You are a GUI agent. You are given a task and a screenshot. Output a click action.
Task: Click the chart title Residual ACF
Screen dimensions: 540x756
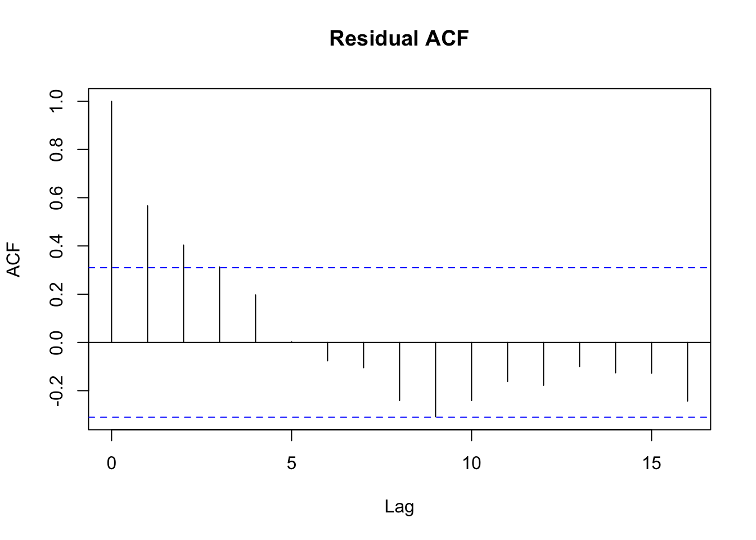pyautogui.click(x=399, y=38)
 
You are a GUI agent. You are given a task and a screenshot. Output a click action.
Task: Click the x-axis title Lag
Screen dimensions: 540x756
pyautogui.click(x=399, y=507)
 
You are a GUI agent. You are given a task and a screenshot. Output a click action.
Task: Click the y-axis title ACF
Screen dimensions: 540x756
pyautogui.click(x=13, y=260)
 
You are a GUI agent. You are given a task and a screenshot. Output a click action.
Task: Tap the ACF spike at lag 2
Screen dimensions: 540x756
pyautogui.click(x=183, y=293)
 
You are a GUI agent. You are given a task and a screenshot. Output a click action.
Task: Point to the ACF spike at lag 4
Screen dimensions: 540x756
pyautogui.click(x=255, y=318)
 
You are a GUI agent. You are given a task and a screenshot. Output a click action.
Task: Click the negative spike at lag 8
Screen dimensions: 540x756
pyautogui.click(x=399, y=371)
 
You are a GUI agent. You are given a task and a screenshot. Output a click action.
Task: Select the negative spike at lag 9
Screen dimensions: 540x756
pyautogui.click(x=435, y=379)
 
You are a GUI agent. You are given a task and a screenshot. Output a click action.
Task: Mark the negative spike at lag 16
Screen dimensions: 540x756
pyautogui.click(x=687, y=371)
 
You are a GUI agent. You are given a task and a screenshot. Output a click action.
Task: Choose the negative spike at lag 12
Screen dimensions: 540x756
pyautogui.click(x=543, y=364)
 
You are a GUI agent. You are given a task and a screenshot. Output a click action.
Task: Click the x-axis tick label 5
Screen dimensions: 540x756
pyautogui.click(x=291, y=463)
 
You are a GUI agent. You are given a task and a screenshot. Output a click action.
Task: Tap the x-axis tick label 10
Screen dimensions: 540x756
pyautogui.click(x=471, y=463)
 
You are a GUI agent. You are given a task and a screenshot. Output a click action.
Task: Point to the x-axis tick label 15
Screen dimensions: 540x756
pyautogui.click(x=651, y=463)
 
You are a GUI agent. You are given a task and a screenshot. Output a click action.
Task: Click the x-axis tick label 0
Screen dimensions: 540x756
pyautogui.click(x=111, y=463)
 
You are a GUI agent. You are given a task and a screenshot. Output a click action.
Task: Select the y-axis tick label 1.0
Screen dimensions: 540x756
pyautogui.click(x=56, y=101)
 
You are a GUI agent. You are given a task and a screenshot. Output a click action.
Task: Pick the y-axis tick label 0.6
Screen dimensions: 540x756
pyautogui.click(x=56, y=198)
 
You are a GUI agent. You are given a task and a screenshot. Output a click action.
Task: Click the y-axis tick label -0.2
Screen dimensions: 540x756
pyautogui.click(x=56, y=390)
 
